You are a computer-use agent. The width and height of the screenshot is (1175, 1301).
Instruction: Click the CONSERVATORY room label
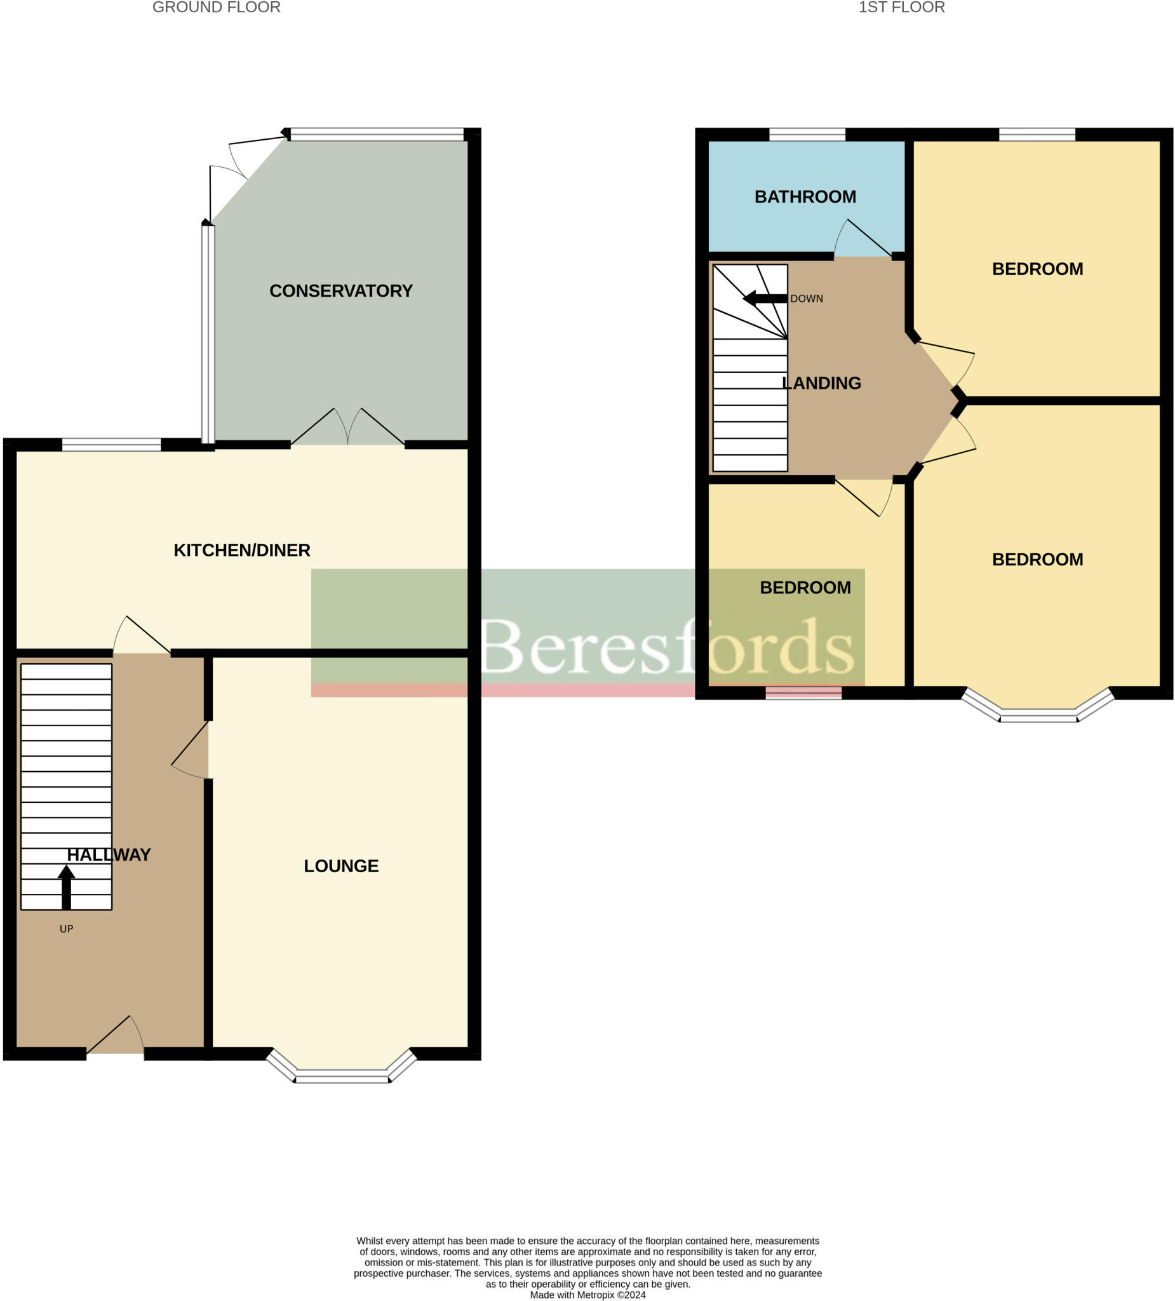340,291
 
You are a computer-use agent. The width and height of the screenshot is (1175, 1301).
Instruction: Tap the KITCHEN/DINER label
242,551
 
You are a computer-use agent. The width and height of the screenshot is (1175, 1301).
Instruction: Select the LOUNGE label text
341,866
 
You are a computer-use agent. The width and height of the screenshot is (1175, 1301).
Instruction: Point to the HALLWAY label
109,855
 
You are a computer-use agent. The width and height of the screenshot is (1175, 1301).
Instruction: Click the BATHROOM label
805,197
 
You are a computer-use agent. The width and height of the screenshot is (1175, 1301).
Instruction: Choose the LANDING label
821,383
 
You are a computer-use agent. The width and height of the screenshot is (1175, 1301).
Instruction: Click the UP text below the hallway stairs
67,929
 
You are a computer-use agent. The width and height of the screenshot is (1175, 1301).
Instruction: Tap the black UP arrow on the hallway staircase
67,887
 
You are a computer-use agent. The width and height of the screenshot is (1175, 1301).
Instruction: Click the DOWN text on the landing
807,299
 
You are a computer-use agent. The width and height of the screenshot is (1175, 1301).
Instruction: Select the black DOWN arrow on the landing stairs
765,299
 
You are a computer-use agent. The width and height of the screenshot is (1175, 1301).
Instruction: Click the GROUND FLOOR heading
216,8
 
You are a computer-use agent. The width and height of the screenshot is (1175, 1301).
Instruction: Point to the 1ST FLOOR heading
901,8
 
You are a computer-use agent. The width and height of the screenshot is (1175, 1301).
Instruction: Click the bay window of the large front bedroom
1038,715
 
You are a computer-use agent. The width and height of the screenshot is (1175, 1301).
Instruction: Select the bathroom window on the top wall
807,135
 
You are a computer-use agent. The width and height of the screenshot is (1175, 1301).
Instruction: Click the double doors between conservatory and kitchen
348,429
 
